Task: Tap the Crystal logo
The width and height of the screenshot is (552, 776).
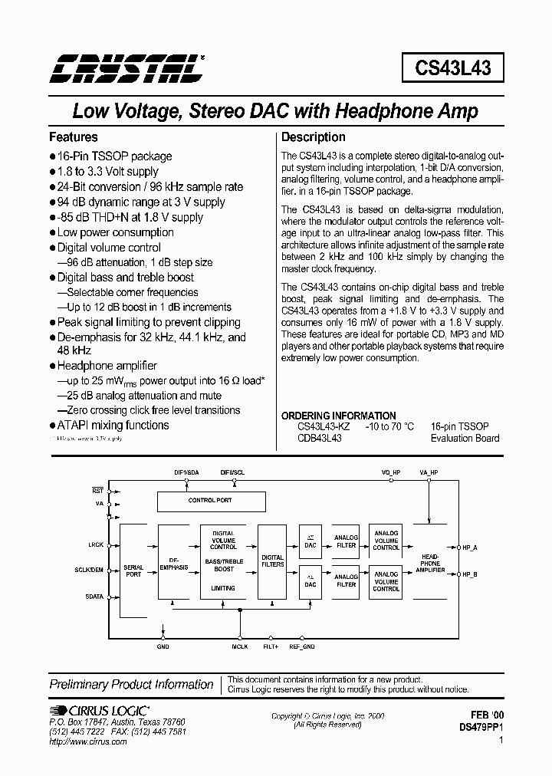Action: (127, 68)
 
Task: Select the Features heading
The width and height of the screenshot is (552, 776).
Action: (74, 137)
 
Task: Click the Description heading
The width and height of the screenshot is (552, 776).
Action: (314, 137)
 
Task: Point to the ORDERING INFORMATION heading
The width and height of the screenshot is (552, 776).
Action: (338, 416)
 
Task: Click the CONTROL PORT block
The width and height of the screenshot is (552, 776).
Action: (210, 501)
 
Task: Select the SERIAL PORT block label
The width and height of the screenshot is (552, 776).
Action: (133, 571)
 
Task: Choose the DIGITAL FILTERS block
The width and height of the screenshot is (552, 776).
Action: (272, 561)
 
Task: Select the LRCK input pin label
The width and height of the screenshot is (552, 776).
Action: (95, 545)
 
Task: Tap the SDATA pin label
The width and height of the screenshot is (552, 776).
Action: (95, 596)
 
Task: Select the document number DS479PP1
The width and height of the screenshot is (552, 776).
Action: (481, 725)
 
